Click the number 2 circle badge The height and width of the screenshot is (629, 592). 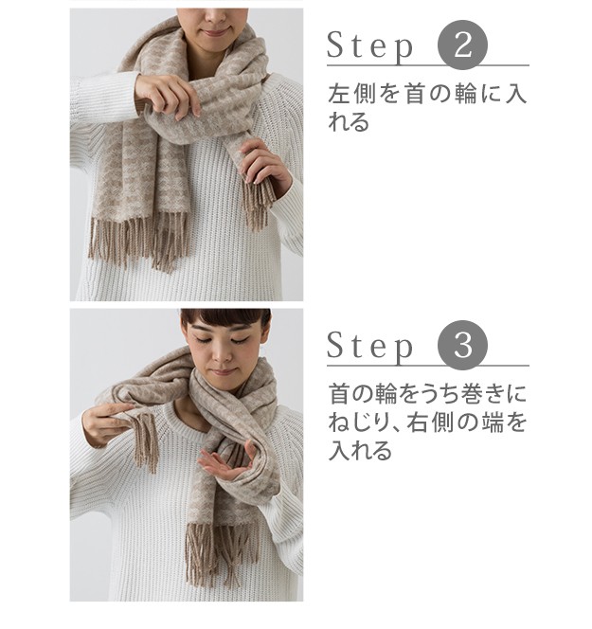click(x=463, y=45)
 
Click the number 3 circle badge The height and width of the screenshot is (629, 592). click(x=463, y=345)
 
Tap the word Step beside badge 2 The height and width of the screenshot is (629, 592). click(x=369, y=46)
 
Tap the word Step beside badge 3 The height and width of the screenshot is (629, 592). click(x=369, y=347)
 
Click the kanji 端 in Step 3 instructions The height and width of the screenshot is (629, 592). click(x=490, y=422)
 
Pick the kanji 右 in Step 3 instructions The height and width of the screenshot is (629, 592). click(x=419, y=422)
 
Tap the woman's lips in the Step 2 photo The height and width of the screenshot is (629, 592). click(x=217, y=31)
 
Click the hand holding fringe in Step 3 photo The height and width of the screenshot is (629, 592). click(x=105, y=423)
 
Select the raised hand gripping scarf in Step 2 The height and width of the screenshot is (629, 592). click(x=169, y=96)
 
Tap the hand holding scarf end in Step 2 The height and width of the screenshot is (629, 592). click(x=266, y=165)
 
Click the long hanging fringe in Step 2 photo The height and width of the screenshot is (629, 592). click(x=138, y=242)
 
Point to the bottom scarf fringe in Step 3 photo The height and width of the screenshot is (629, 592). click(x=223, y=552)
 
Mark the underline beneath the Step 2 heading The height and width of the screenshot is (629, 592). click(x=428, y=64)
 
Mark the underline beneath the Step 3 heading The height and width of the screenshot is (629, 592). click(x=428, y=366)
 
